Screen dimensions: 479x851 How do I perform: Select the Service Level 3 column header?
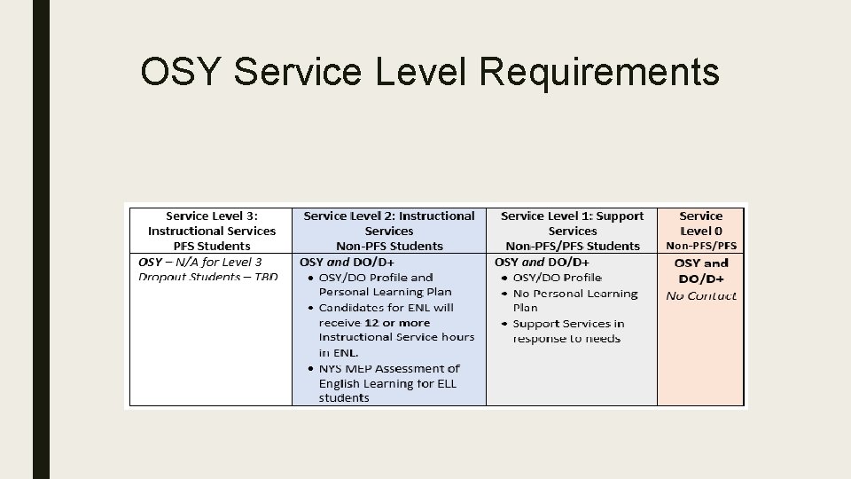pos(211,231)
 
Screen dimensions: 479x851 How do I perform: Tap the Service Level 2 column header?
pos(389,231)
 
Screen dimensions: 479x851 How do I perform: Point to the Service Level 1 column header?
pos(572,231)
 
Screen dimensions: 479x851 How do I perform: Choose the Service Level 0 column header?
pos(701,231)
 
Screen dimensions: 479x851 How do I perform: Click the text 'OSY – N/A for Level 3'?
pos(200,262)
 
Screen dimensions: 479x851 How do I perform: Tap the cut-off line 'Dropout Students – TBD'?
pos(207,277)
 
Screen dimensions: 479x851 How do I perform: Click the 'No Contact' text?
pos(701,295)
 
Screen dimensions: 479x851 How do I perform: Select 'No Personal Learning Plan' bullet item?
pos(574,300)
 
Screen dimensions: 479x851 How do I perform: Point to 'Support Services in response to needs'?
pos(567,331)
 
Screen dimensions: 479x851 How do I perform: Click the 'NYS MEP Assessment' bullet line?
pos(389,368)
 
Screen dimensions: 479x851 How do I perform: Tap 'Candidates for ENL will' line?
pos(386,307)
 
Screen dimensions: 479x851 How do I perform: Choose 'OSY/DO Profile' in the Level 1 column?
pos(557,278)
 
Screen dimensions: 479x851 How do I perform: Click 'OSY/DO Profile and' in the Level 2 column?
pos(376,277)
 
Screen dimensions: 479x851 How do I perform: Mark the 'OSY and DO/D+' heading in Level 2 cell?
pos(347,262)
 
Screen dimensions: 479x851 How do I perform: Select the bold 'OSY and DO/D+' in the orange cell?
pos(701,271)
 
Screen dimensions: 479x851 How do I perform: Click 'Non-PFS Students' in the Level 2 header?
pos(389,246)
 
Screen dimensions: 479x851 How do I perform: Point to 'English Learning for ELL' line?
pos(387,383)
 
